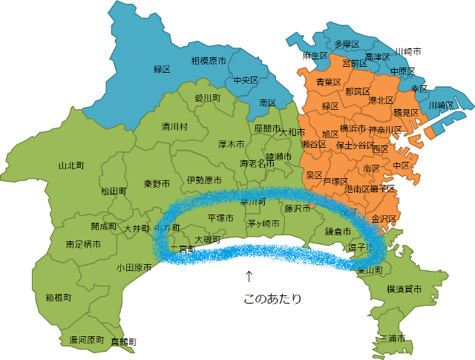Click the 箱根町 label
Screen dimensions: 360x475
tap(58, 297)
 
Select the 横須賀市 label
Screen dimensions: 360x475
tap(404, 289)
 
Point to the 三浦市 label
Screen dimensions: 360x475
tap(392, 338)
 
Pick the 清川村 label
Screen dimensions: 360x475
tap(175, 127)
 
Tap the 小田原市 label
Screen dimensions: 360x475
tap(134, 268)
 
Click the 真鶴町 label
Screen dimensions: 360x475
tap(124, 341)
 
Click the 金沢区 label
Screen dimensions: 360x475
tap(384, 219)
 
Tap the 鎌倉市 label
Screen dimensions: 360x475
tap(338, 231)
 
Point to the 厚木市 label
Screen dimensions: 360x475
tap(232, 144)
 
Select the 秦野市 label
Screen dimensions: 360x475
tap(157, 183)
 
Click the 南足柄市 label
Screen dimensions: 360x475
tap(83, 243)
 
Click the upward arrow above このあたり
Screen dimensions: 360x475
tap(249, 277)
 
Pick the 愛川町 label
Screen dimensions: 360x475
tap(208, 97)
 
